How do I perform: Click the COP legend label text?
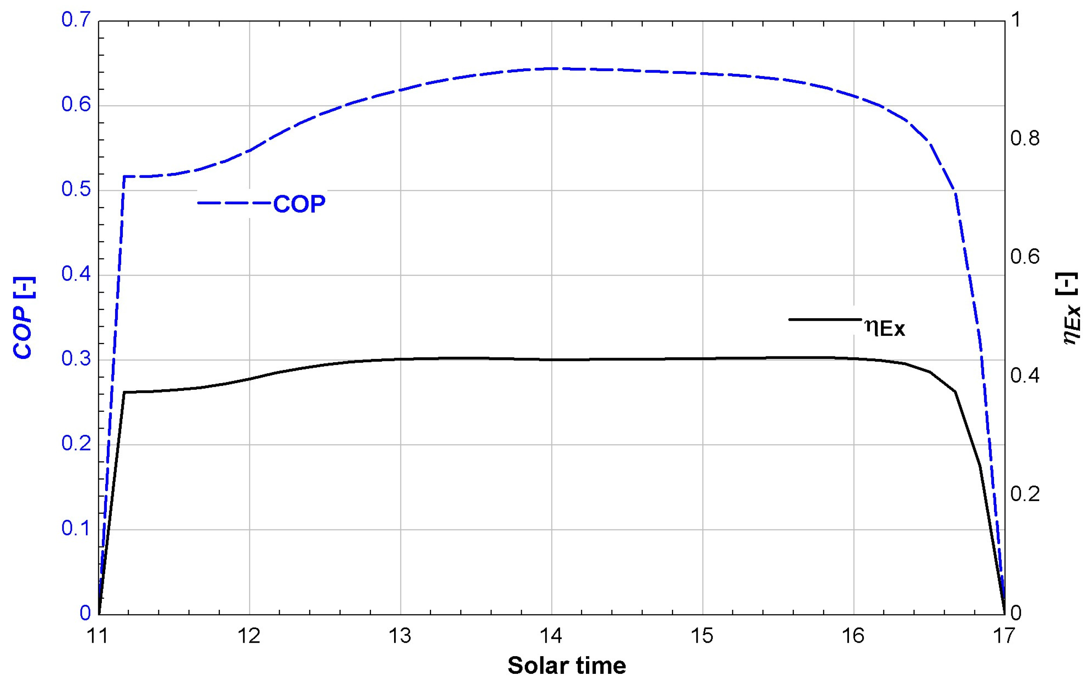[x=299, y=204]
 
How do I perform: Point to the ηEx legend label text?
[x=885, y=327]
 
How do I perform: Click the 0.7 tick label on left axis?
[x=76, y=20]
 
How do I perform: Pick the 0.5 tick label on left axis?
[x=76, y=189]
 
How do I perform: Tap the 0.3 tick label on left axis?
[x=76, y=359]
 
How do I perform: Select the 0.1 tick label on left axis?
[x=76, y=528]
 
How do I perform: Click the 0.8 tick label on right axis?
[x=1025, y=138]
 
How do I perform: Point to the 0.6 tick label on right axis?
[x=1025, y=257]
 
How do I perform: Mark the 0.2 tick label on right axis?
[x=1025, y=494]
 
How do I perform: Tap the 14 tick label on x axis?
[x=551, y=636]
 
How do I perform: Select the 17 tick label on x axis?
[x=1004, y=636]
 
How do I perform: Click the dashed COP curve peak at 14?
[x=551, y=69]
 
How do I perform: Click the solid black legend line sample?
[x=825, y=319]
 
